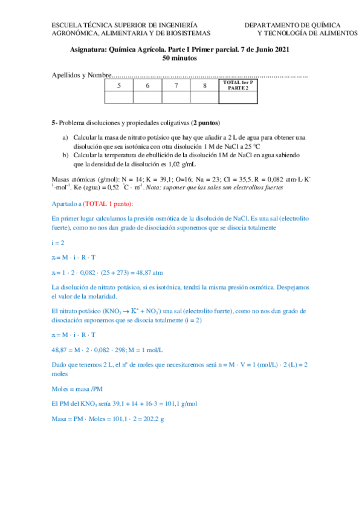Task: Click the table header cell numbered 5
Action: coord(119,85)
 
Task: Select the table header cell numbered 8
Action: coord(205,85)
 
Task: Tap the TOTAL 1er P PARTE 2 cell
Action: coord(238,85)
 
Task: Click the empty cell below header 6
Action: coord(147,97)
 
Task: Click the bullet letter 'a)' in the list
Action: coord(66,138)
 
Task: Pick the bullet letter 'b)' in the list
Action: coord(66,155)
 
